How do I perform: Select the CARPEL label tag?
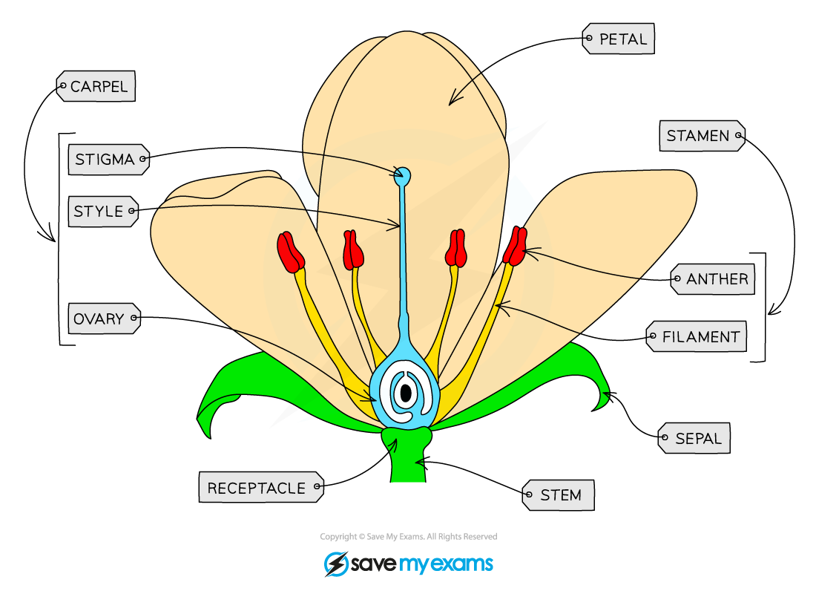point(96,87)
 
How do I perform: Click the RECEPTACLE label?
point(260,488)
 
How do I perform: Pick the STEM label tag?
point(559,495)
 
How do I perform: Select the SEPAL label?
point(694,439)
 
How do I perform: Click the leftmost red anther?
point(291,252)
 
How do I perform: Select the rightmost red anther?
point(516,246)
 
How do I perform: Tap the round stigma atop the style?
point(402,177)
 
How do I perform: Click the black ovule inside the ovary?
point(406,394)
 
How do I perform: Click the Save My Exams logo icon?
point(336,564)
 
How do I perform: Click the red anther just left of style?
point(353,250)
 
